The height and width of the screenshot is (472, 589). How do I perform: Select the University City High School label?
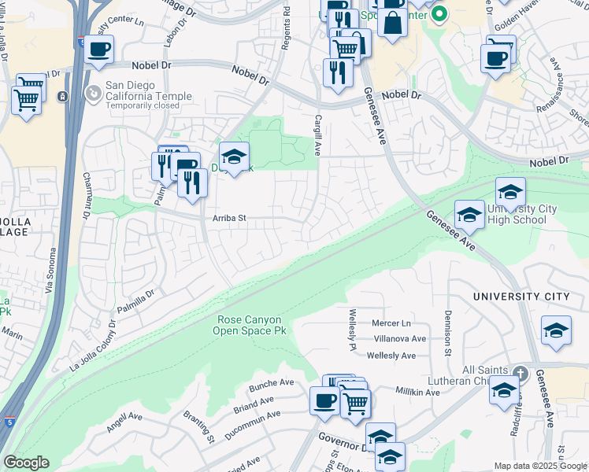[517, 214]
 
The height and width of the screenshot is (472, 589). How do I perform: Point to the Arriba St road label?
[229, 219]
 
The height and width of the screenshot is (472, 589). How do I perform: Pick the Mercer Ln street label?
[391, 323]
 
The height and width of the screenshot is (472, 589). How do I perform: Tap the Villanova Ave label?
[400, 339]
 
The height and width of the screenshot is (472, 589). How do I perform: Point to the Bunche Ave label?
[271, 385]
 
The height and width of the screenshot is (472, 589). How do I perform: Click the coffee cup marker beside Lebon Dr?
[99, 50]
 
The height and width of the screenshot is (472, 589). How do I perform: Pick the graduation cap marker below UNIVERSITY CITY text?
[556, 330]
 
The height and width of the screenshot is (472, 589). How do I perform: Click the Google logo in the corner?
[25, 463]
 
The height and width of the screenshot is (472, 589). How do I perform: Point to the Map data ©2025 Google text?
[540, 466]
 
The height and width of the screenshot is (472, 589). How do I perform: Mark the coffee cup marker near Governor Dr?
[324, 402]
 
